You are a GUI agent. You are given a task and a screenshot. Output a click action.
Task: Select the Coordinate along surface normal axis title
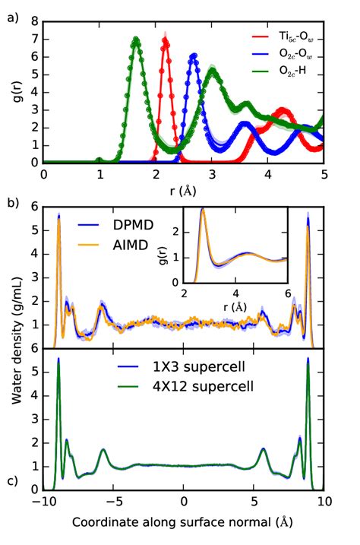click(183, 524)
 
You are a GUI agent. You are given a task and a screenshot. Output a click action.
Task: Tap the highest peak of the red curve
click(166, 41)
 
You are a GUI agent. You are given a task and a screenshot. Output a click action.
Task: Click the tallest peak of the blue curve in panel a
click(194, 55)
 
